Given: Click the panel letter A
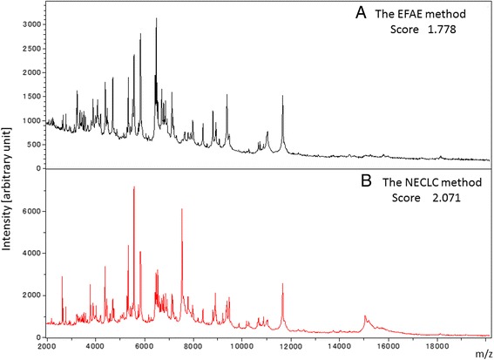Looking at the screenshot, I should [348, 15].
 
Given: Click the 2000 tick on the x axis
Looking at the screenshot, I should [48, 346].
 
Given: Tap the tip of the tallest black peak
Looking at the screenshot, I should [156, 18].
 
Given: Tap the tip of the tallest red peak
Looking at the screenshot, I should [133, 187].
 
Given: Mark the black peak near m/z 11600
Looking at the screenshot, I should [282, 97].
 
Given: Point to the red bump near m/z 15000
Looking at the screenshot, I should [365, 317].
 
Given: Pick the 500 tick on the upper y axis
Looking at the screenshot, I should [34, 144].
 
